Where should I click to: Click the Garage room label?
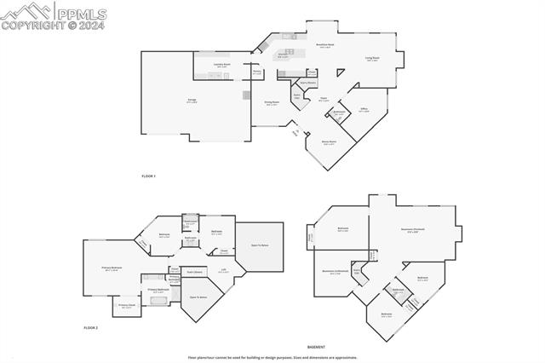point(192,101)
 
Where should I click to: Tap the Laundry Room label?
point(221,66)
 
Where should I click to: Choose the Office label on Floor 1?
point(364,110)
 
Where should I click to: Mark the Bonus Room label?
point(328,142)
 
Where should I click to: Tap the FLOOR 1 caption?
point(149,176)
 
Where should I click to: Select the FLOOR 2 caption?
point(91,327)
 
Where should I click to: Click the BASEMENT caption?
point(316,348)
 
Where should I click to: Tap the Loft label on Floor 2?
point(223,271)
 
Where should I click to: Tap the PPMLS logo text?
point(81,12)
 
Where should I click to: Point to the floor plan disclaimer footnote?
point(272,358)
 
